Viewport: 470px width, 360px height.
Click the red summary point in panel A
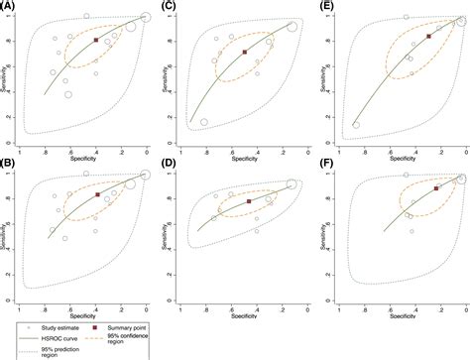pos(96,41)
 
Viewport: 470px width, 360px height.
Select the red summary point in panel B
pos(97,195)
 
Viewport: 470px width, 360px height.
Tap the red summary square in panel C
pos(245,52)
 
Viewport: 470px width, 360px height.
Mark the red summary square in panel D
pos(248,201)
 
